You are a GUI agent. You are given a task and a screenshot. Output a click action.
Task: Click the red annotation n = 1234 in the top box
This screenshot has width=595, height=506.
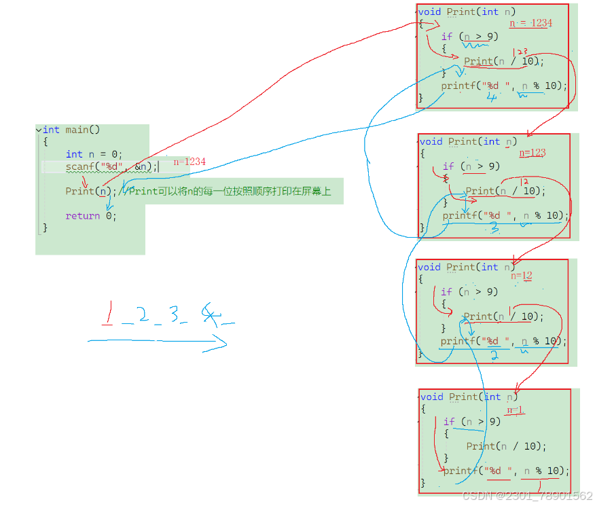(531, 23)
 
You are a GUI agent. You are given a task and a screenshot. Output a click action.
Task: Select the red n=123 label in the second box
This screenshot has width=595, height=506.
(533, 153)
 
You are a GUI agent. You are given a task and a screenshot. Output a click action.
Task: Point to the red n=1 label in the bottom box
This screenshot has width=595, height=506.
(516, 410)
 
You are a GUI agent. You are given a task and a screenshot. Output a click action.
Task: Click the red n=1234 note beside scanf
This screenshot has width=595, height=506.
(190, 162)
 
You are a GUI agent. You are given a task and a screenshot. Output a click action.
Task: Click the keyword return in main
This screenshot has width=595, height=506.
(82, 216)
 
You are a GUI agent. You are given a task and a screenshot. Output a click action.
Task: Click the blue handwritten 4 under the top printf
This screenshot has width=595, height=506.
(492, 96)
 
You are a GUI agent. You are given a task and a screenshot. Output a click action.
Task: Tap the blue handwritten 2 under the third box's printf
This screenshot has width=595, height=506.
(495, 355)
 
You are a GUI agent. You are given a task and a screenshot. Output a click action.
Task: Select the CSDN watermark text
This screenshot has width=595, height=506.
(527, 496)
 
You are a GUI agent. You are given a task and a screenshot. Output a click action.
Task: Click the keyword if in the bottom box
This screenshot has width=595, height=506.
(449, 422)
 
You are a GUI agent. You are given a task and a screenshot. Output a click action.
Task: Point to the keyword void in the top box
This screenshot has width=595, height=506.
(430, 12)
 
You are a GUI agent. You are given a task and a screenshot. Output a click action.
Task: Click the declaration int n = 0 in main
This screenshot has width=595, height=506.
(94, 154)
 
